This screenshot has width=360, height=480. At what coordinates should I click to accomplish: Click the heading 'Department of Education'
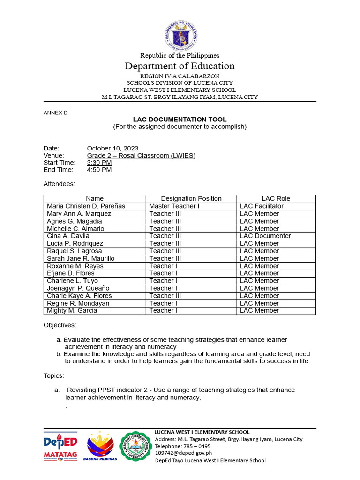[180, 66]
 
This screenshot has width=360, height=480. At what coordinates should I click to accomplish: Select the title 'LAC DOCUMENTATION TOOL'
[180, 120]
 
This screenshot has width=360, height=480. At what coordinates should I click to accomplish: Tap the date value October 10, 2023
[112, 149]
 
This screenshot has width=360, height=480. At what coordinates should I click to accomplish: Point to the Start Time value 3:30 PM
[99, 163]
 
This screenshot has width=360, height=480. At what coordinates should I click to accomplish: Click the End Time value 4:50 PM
[99, 170]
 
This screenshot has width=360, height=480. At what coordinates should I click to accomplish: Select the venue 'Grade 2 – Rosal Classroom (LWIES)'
[141, 156]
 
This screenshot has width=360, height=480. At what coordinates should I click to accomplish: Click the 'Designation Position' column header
[191, 199]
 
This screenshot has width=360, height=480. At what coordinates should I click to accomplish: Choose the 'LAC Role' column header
[276, 199]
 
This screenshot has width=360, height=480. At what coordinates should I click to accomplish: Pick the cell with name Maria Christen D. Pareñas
[86, 206]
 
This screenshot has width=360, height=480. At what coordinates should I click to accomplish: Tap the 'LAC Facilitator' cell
[262, 206]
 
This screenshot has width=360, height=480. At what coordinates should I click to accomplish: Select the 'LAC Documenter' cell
[265, 236]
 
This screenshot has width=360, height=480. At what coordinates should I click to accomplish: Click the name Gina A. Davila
[68, 236]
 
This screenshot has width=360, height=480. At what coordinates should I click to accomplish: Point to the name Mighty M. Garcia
[72, 311]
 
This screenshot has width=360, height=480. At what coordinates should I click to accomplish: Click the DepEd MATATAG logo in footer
[60, 447]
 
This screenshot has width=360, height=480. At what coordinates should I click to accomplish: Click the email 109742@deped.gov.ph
[183, 453]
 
